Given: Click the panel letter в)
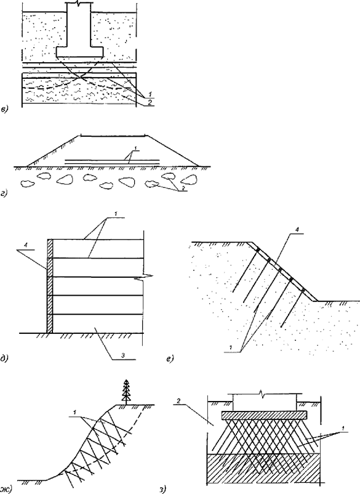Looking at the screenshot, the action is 5,110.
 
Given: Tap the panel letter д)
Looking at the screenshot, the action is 4,358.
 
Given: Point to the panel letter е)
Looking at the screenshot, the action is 170,358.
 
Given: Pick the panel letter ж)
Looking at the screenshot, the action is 6,488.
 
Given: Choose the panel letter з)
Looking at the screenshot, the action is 162,489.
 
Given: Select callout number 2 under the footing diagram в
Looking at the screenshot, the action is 150,103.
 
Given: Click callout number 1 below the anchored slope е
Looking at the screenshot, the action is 230,347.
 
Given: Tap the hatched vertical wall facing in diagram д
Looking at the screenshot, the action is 49,286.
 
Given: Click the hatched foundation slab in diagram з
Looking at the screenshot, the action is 264,415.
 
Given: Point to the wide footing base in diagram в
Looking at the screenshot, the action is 80,52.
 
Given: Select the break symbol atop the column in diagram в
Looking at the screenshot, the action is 79,4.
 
